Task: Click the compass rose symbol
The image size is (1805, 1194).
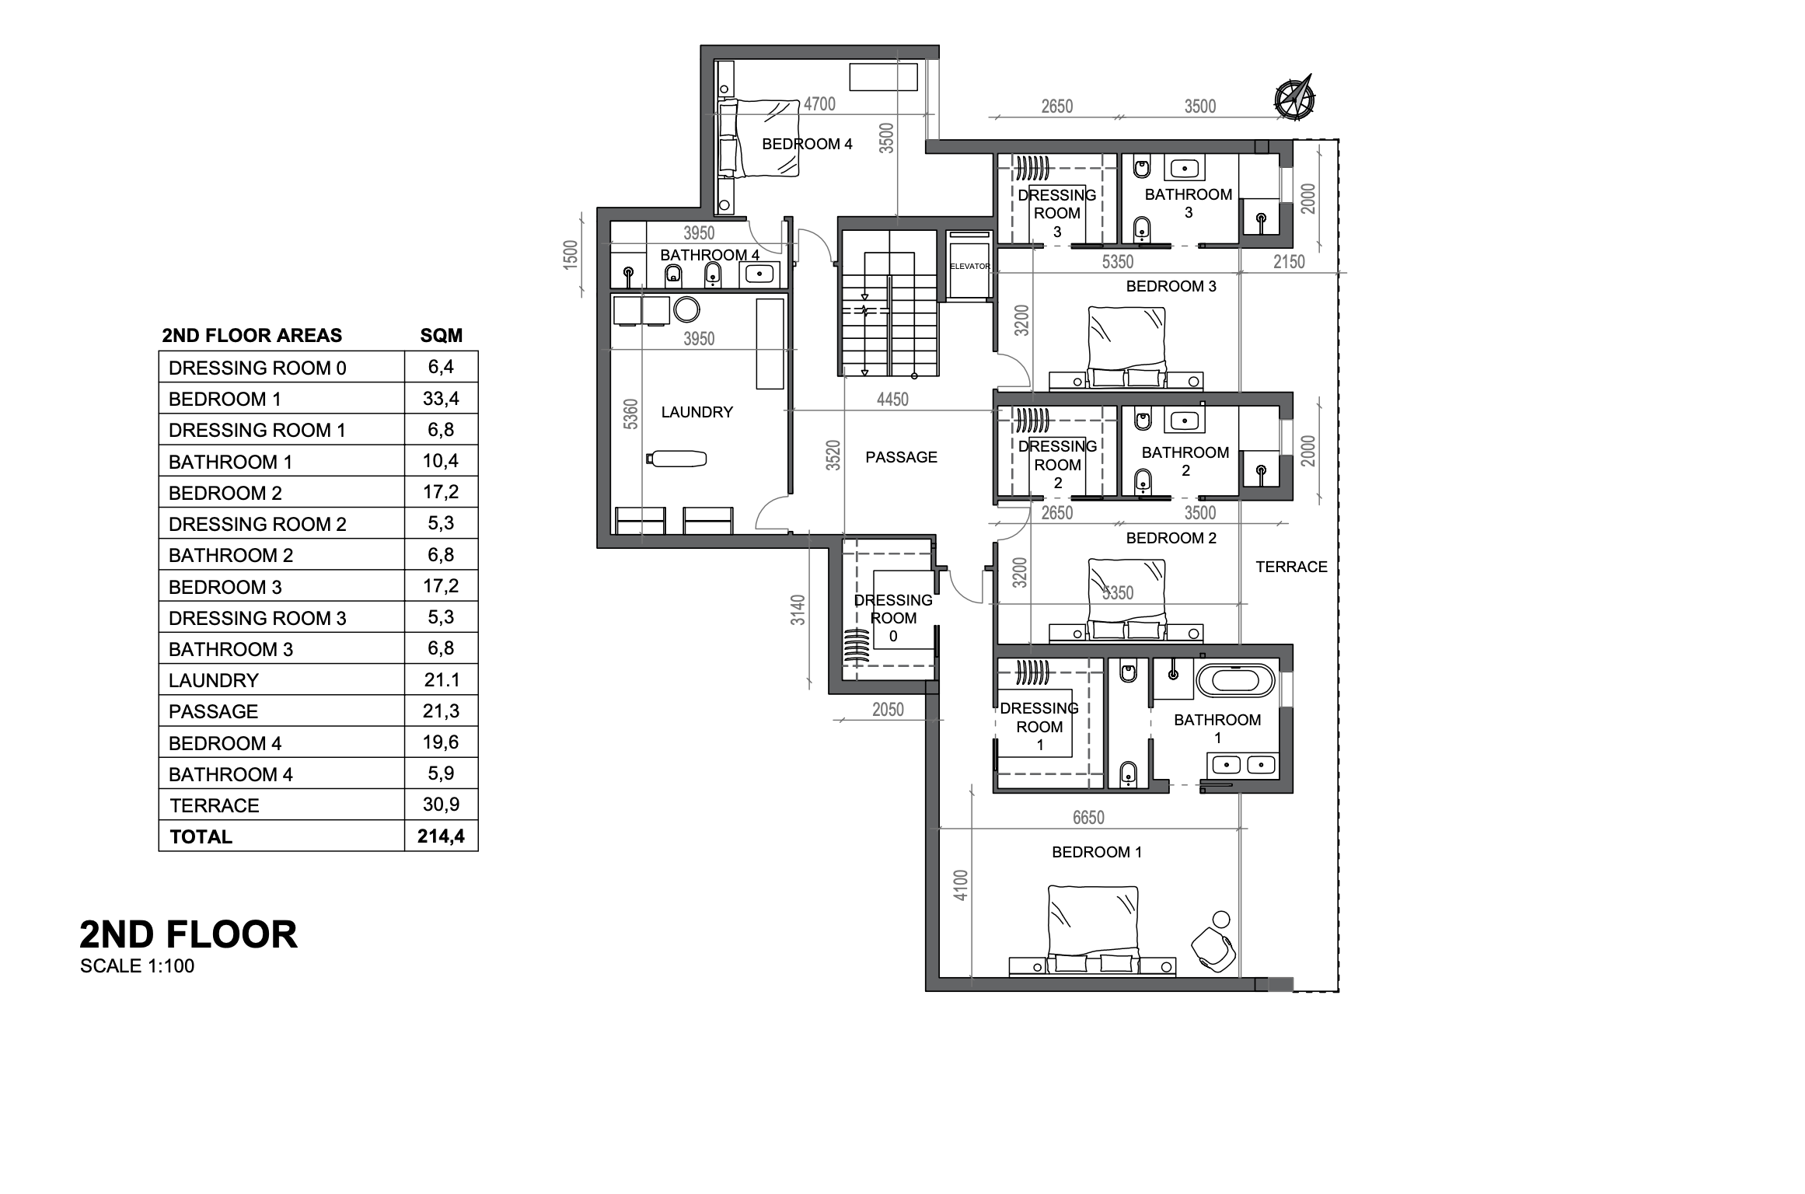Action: (1295, 98)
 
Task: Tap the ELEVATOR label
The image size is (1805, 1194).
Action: (970, 267)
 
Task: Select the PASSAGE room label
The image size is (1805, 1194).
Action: (901, 457)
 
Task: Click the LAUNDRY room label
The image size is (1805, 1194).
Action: (697, 412)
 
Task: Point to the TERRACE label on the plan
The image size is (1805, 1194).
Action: (1291, 567)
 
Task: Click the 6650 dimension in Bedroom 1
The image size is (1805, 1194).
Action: (1088, 817)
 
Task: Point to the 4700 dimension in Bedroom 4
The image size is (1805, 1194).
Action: (819, 104)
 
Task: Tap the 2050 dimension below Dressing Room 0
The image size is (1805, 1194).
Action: (888, 709)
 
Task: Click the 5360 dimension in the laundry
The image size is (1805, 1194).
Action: (630, 414)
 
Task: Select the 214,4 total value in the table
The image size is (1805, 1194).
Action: (441, 836)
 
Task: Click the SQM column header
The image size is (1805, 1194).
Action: (441, 335)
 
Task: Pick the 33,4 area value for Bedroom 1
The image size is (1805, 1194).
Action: (441, 399)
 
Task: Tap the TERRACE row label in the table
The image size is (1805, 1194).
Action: (215, 805)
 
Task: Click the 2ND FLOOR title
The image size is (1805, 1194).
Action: (188, 934)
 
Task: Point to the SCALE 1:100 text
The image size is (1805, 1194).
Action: (137, 966)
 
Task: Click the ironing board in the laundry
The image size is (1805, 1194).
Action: (676, 459)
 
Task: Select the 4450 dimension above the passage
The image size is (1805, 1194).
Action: (892, 400)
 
